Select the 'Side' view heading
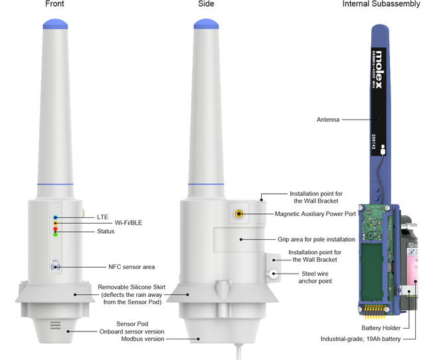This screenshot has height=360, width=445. click(x=206, y=4)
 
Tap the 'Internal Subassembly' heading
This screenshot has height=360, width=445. click(x=381, y=4)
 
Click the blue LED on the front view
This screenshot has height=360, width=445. click(x=55, y=218)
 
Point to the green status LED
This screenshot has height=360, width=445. click(x=55, y=234)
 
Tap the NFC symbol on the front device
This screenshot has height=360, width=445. click(x=55, y=266)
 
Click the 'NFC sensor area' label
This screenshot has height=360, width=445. click(x=132, y=267)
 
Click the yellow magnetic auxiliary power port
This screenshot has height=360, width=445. click(x=238, y=214)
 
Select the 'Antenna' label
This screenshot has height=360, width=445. click(x=329, y=120)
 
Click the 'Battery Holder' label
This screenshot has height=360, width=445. click(x=381, y=328)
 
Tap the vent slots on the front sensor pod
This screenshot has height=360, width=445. click(x=55, y=325)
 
